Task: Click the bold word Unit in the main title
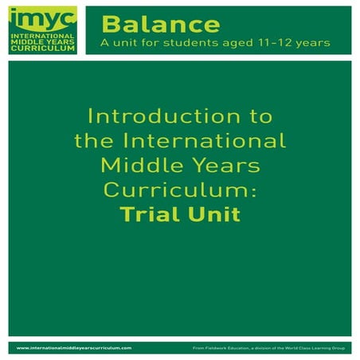pos(212,214)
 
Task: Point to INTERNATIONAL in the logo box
pos(41,37)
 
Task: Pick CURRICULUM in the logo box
pos(41,49)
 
